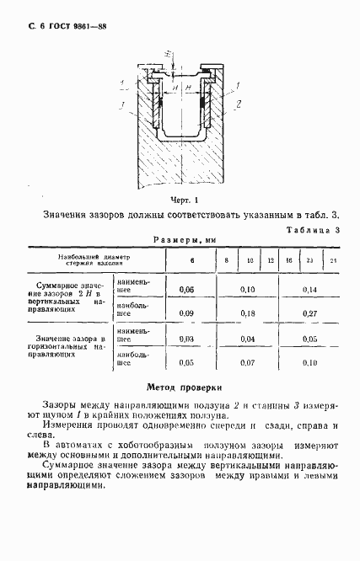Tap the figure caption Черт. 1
coord(184,200)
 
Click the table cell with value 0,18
coord(247,313)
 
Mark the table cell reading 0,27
coord(309,313)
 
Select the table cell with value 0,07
coord(247,363)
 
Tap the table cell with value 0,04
coord(247,339)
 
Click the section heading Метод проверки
coord(184,388)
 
